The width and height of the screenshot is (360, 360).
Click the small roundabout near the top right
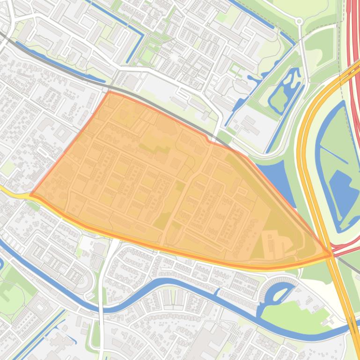click(299, 21)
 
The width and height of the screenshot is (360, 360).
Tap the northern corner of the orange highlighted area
click(109, 92)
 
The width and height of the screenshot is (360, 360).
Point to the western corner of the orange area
click(31, 195)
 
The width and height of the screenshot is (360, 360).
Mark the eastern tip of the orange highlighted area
click(331, 254)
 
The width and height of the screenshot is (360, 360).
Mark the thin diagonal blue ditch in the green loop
click(333, 154)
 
